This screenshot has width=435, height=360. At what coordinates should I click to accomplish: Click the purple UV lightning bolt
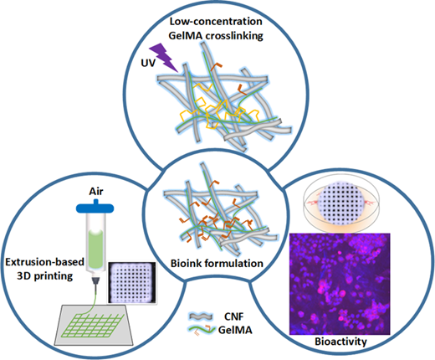[163, 58]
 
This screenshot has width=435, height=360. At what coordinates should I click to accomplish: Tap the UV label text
[148, 63]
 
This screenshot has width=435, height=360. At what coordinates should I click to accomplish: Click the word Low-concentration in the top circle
[216, 22]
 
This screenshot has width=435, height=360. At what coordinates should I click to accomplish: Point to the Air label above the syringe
[96, 192]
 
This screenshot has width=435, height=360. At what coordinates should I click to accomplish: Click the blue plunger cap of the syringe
[95, 207]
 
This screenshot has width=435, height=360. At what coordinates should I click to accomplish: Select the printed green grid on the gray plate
[93, 325]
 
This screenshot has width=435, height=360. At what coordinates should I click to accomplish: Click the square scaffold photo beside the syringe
[131, 283]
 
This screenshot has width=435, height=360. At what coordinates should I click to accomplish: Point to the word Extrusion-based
[45, 262]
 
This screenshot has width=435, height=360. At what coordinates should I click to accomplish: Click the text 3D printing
[44, 275]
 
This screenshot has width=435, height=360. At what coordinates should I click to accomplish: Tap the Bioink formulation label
[217, 263]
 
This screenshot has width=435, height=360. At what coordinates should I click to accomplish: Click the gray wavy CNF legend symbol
[201, 316]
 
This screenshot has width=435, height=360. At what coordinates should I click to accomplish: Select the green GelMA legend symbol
[202, 329]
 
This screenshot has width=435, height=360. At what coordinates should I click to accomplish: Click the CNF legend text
[233, 316]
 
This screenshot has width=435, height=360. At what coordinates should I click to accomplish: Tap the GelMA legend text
[235, 330]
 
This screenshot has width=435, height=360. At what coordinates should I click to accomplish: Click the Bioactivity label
[340, 342]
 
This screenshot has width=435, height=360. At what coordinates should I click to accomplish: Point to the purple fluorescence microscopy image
[340, 284]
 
